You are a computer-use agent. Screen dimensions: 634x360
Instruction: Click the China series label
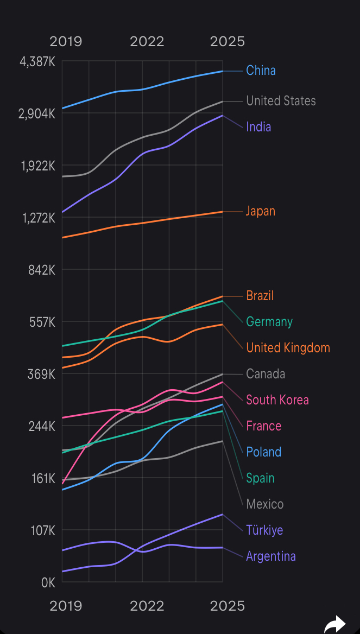tap(261, 71)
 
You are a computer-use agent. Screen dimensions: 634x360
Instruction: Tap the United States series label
tap(280, 101)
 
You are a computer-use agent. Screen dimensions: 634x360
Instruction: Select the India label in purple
tap(258, 127)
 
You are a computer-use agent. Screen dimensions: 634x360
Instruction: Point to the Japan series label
tap(261, 211)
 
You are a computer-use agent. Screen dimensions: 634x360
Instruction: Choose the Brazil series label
tap(260, 296)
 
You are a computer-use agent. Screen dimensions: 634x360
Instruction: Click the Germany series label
tap(269, 322)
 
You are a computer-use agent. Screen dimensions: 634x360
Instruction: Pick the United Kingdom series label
tap(288, 348)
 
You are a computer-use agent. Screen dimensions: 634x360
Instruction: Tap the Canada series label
tap(266, 374)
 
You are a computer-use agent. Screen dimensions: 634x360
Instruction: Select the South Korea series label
tap(277, 400)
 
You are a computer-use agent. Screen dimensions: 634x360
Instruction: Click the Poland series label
tap(263, 452)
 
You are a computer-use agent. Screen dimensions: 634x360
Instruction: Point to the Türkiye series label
tap(264, 530)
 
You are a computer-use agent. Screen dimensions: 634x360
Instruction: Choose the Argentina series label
tap(270, 556)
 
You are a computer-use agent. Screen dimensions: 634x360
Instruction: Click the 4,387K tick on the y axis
tap(37, 62)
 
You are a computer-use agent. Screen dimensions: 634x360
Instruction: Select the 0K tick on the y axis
tap(48, 583)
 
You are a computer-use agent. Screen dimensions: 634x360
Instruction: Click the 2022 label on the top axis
tap(147, 42)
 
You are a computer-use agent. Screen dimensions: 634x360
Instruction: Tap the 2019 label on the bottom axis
tap(66, 606)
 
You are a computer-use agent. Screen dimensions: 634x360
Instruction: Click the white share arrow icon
tap(334, 624)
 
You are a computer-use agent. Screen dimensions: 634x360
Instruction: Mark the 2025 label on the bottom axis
tap(228, 606)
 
